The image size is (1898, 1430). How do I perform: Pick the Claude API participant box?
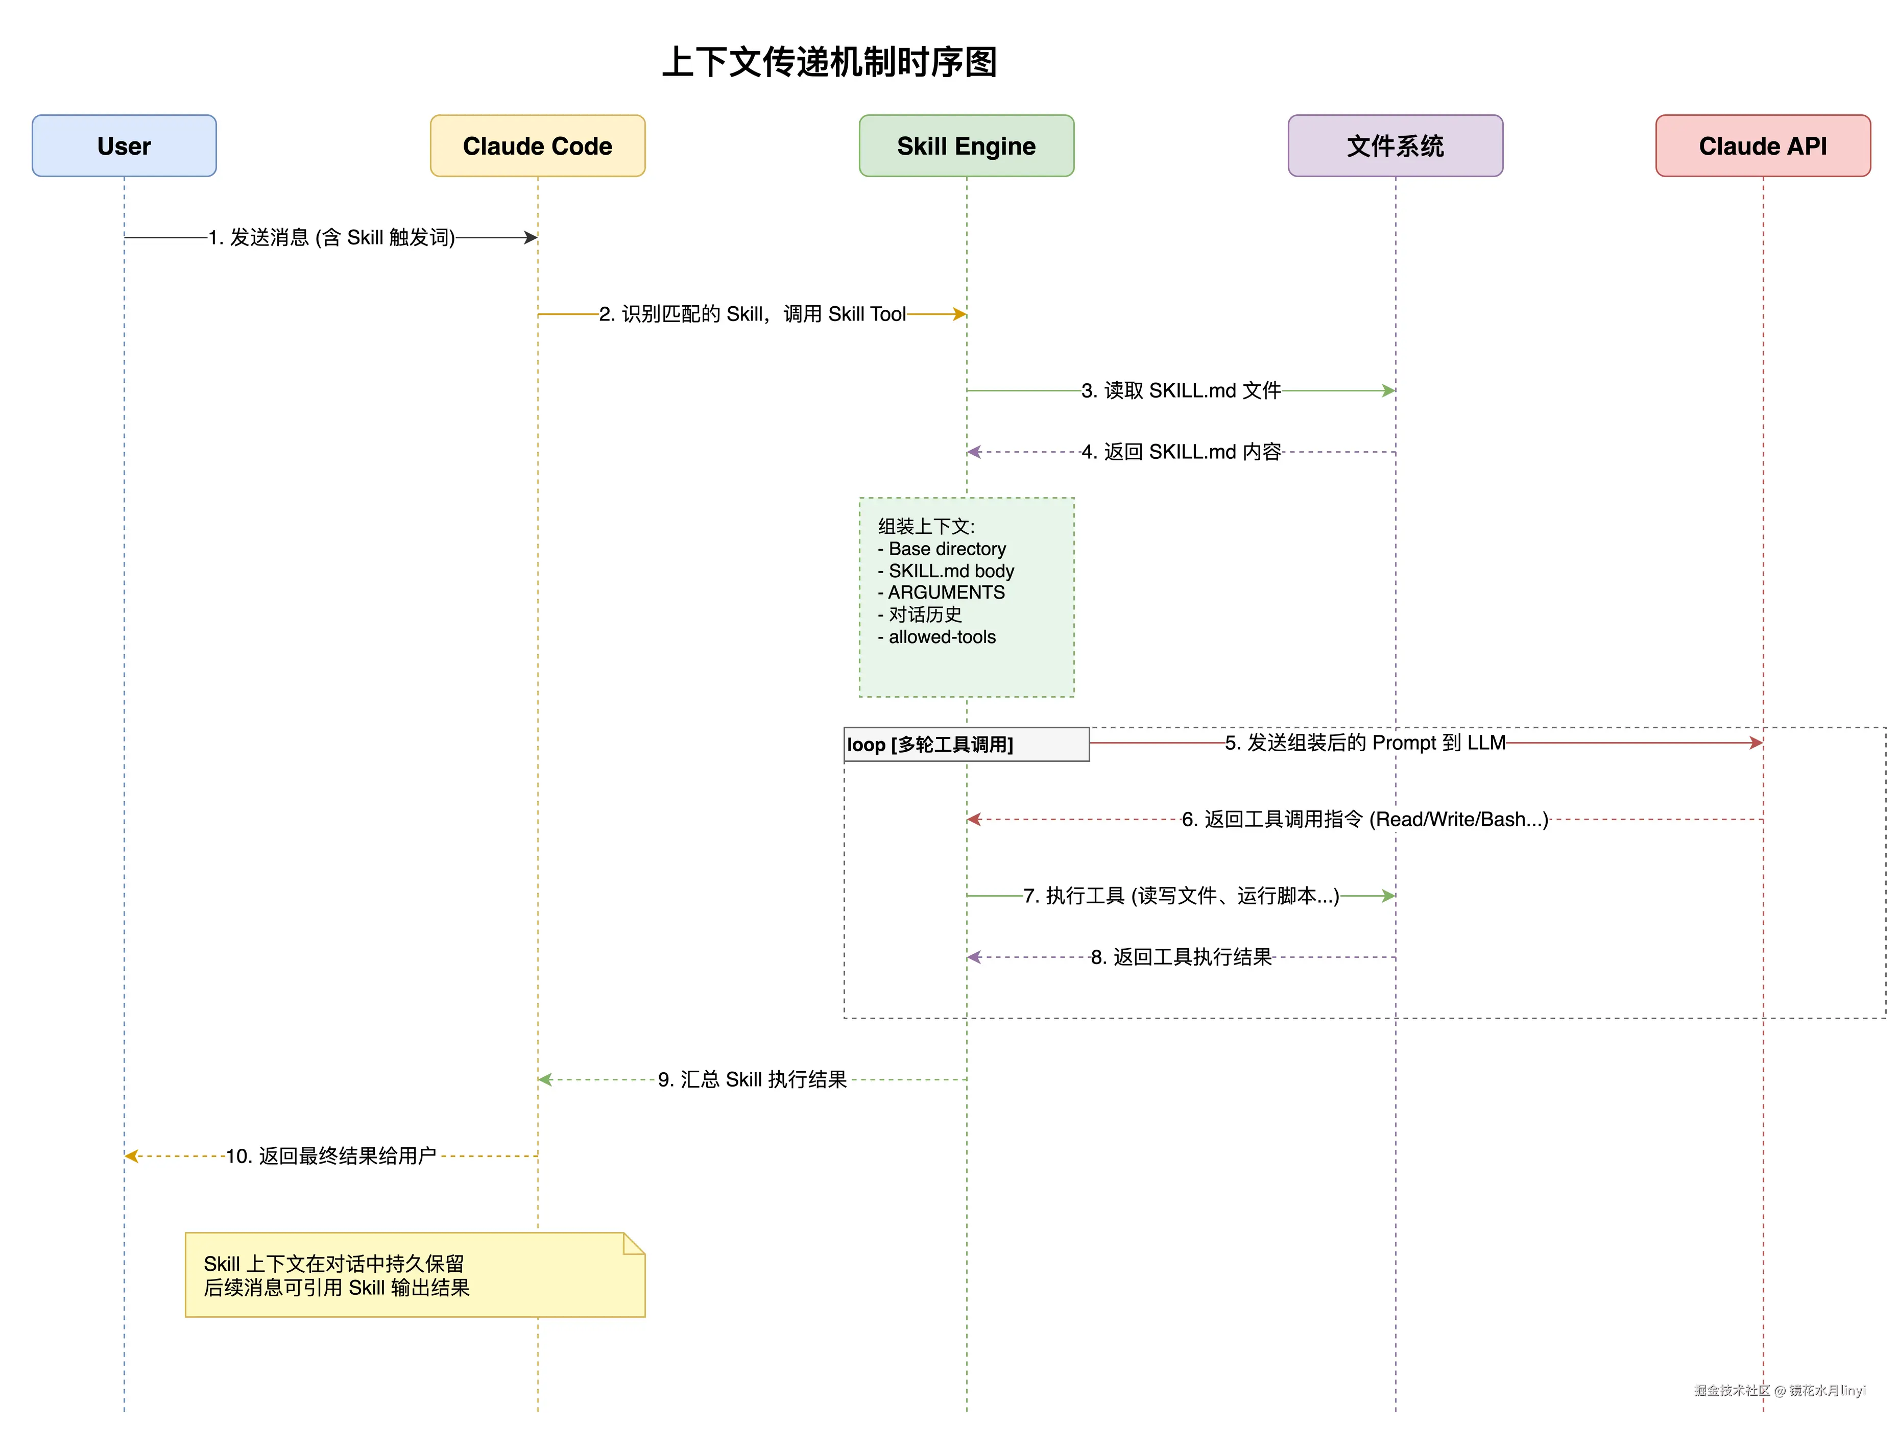pos(1763,146)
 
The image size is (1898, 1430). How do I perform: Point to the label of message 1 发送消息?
pos(331,238)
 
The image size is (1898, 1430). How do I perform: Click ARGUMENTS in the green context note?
pos(946,593)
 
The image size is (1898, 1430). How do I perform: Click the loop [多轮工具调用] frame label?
pos(930,745)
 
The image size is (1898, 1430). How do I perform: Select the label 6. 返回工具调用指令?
pos(1364,819)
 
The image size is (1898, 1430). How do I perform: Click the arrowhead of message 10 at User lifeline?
pos(130,1156)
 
